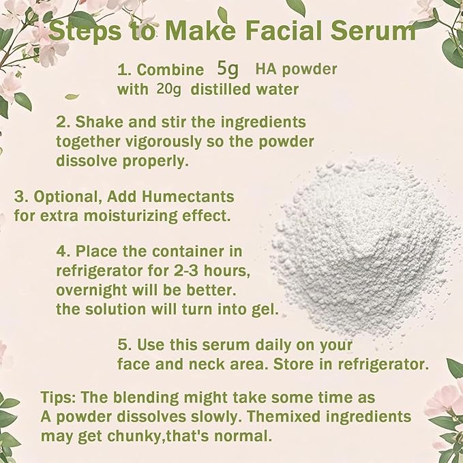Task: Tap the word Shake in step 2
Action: click(96, 122)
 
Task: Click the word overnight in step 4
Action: click(91, 289)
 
